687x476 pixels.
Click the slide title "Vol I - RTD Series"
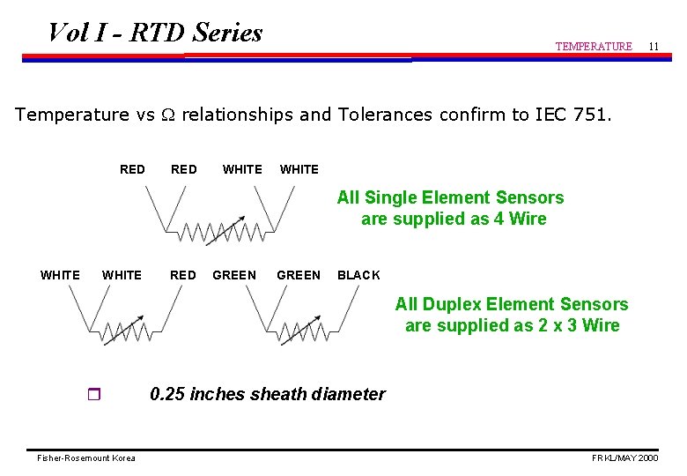(x=155, y=33)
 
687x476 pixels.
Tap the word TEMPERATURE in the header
(x=593, y=47)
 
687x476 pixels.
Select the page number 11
(x=653, y=45)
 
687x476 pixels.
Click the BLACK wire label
(x=358, y=275)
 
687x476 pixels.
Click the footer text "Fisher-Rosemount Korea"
(x=86, y=458)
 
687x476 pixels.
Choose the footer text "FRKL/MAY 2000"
(x=624, y=458)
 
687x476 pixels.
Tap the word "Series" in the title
(x=227, y=33)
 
